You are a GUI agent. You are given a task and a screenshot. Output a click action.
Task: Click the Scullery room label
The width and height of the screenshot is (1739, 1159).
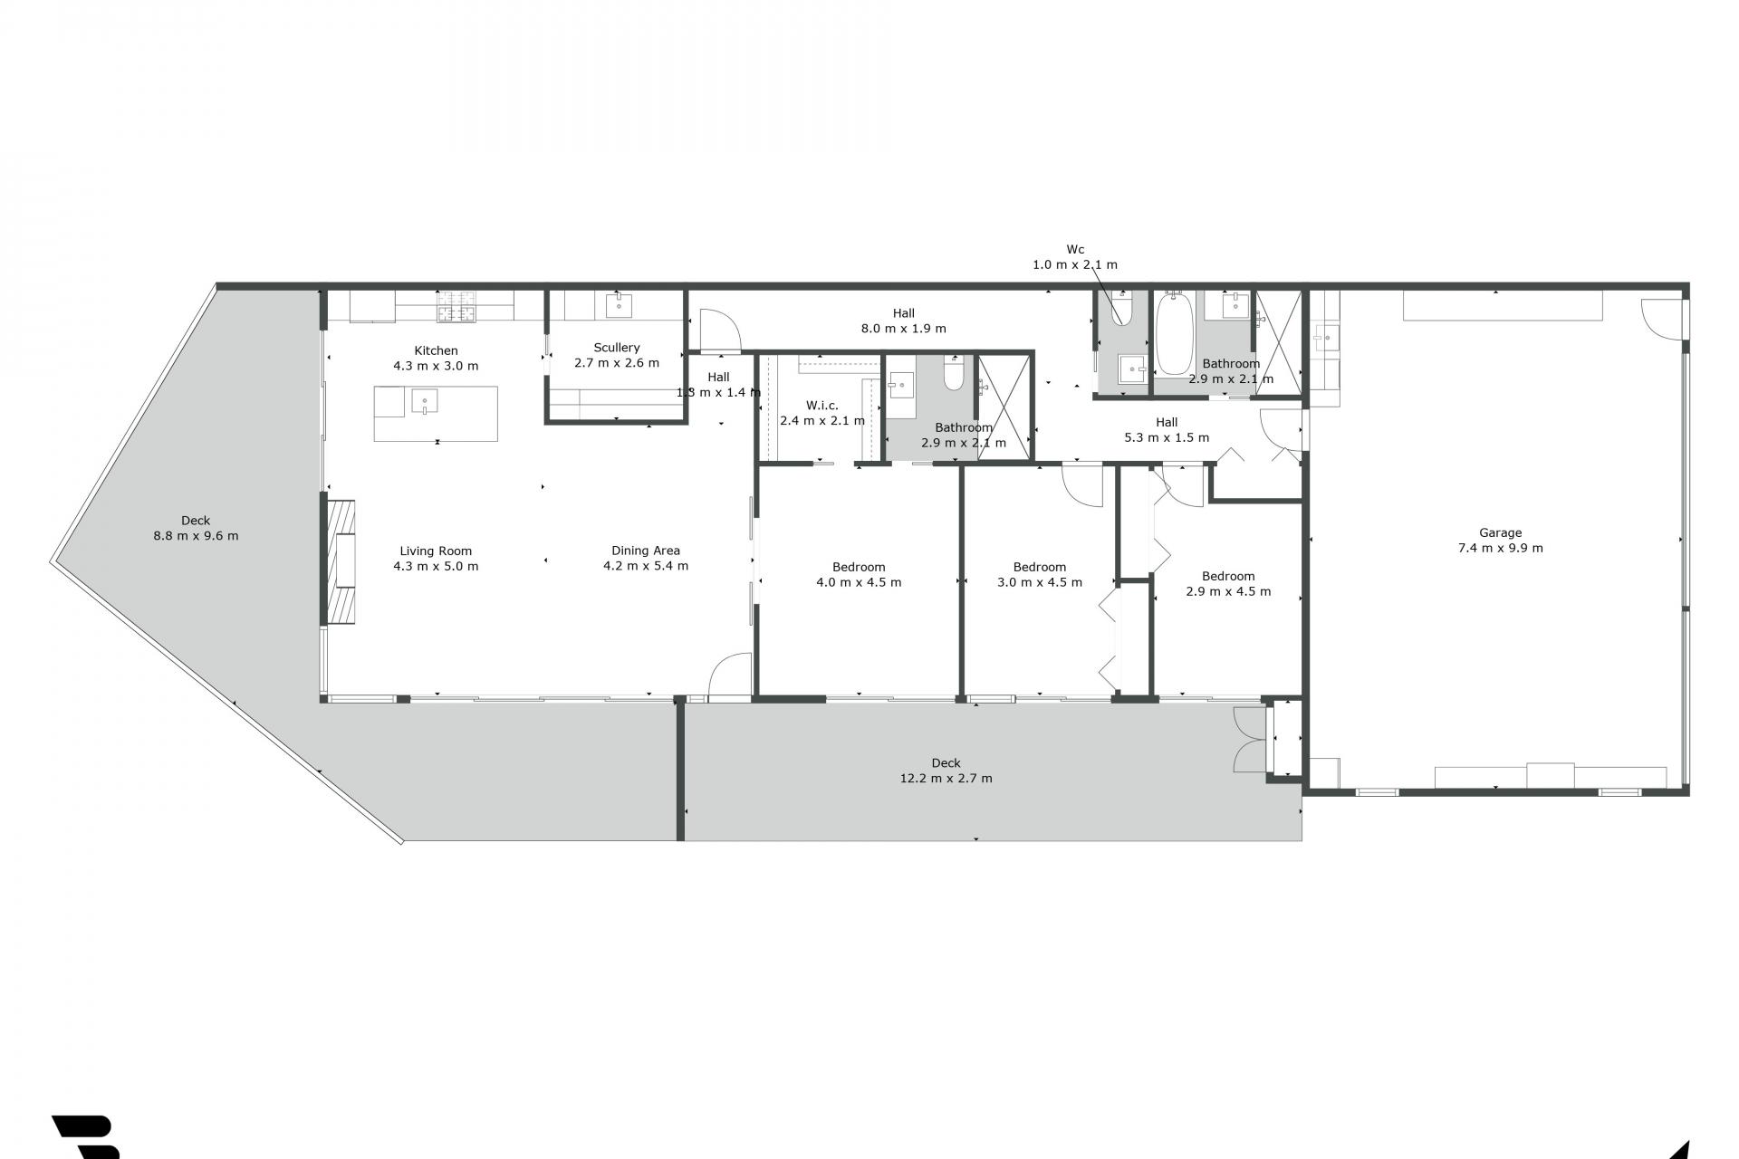(617, 348)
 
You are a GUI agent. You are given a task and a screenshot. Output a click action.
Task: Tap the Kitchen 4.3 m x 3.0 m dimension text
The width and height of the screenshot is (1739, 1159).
(436, 367)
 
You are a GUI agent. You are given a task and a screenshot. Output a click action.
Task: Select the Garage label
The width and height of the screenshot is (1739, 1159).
(1501, 533)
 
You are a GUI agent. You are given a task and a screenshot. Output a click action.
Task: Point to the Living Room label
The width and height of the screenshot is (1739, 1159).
(436, 551)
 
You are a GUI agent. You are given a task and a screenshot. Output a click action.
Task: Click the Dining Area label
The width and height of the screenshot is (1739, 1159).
(646, 551)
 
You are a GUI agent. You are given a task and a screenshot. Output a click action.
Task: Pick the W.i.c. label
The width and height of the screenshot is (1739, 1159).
(822, 406)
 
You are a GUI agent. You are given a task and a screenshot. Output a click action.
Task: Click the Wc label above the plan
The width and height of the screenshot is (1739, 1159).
(1075, 249)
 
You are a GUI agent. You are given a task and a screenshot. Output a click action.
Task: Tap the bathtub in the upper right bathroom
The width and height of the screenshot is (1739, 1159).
(1175, 333)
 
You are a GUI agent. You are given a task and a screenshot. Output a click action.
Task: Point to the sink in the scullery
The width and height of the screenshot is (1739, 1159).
(619, 305)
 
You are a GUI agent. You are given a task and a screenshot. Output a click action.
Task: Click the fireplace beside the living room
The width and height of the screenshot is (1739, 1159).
(341, 562)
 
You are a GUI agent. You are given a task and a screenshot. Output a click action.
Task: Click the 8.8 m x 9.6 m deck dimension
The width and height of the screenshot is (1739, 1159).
(196, 536)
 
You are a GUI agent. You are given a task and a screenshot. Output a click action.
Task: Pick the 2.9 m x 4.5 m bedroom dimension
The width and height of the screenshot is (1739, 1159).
(1228, 591)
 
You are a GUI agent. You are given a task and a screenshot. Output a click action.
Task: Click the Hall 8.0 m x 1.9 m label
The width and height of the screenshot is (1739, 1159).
(903, 321)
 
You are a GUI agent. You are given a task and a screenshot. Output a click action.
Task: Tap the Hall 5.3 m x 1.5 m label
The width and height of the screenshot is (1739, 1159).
(1167, 429)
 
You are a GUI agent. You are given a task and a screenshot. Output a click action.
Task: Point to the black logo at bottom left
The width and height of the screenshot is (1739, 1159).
(86, 1137)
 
